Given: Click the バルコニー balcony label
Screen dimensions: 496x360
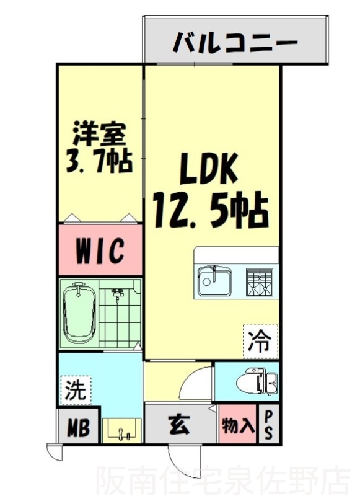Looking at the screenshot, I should (235, 43).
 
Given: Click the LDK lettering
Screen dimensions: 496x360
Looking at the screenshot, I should (209, 169).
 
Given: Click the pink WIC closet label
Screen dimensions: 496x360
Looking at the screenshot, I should (100, 250).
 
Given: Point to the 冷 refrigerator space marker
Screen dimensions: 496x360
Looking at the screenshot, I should (260, 340).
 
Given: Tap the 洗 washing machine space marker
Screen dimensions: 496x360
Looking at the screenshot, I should (75, 391).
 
